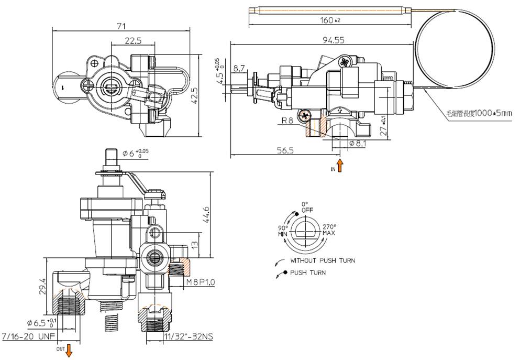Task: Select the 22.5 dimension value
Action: [x=133, y=41]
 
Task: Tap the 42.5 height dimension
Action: [x=194, y=96]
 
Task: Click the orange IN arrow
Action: [x=340, y=167]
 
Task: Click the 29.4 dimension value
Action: [x=43, y=287]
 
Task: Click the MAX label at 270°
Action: [x=329, y=232]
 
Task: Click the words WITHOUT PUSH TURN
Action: [x=323, y=260]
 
